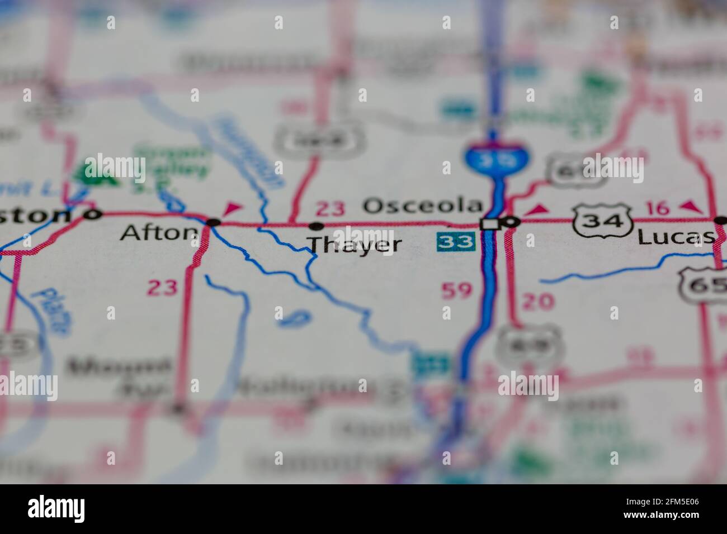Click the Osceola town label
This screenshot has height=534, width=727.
422,206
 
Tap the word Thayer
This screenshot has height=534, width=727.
355,245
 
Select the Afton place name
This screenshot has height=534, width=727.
159,232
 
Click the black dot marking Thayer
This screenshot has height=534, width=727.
317,226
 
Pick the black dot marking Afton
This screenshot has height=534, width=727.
213,222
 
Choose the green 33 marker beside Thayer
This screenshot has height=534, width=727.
455,242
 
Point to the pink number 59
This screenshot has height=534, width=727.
457,290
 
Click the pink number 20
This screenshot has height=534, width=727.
538,302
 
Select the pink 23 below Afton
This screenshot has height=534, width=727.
162,288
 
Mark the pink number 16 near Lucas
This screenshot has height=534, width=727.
657,208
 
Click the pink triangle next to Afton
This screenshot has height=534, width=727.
232,208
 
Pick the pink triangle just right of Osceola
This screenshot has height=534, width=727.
538,209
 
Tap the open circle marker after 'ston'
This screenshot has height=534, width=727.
93,213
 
